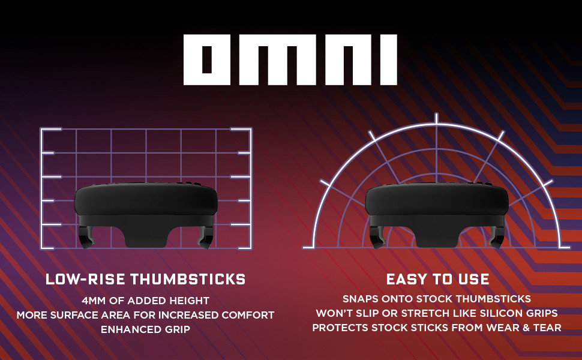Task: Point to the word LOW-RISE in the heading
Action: [86, 279]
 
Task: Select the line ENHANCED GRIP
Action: [145, 329]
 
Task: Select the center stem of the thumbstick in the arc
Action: [437, 233]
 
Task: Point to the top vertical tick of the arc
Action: [437, 118]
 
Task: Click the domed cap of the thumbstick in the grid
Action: [145, 199]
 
